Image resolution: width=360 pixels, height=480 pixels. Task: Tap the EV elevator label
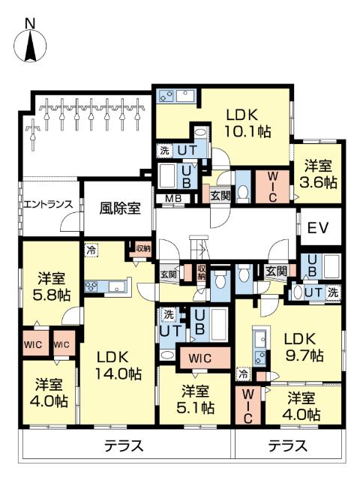tap(318, 227)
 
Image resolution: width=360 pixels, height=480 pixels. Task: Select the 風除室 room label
tap(120, 208)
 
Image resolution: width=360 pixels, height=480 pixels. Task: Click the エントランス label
tap(48, 204)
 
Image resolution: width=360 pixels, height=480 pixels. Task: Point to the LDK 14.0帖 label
tap(118, 365)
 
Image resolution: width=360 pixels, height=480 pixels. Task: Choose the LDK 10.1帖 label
tap(248, 124)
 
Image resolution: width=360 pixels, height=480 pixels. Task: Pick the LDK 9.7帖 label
tap(302, 347)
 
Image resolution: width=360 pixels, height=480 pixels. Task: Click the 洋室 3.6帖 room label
tap(318, 175)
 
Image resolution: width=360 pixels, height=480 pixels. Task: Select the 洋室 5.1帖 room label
tap(195, 399)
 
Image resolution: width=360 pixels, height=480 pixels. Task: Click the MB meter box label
tap(173, 198)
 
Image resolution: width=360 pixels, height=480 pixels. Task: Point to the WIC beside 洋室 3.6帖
tap(273, 187)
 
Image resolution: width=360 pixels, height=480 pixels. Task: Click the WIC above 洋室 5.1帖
tap(200, 358)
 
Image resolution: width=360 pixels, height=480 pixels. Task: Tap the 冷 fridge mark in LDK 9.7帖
tap(243, 374)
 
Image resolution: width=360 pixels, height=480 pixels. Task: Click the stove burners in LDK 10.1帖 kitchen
tap(166, 96)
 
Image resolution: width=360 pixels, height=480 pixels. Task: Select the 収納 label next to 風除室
tap(143, 249)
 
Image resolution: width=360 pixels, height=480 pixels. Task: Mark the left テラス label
tap(124, 445)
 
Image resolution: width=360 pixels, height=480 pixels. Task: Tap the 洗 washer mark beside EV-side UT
tap(333, 292)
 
